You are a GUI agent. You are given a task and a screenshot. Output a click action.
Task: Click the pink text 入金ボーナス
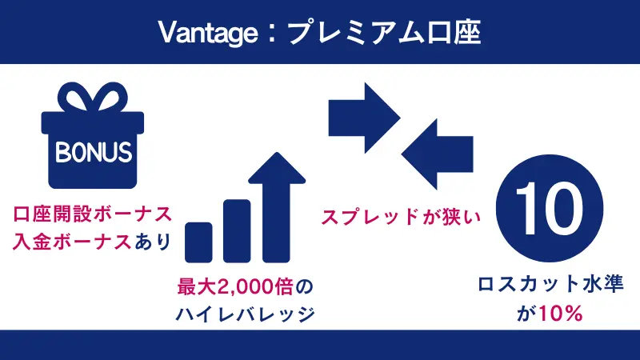[x=72, y=242]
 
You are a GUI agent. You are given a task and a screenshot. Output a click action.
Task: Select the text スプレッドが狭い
[x=395, y=216]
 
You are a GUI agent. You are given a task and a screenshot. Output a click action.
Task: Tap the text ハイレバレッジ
[x=244, y=314]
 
